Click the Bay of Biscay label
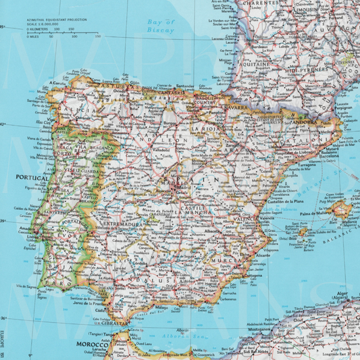point(160,26)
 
